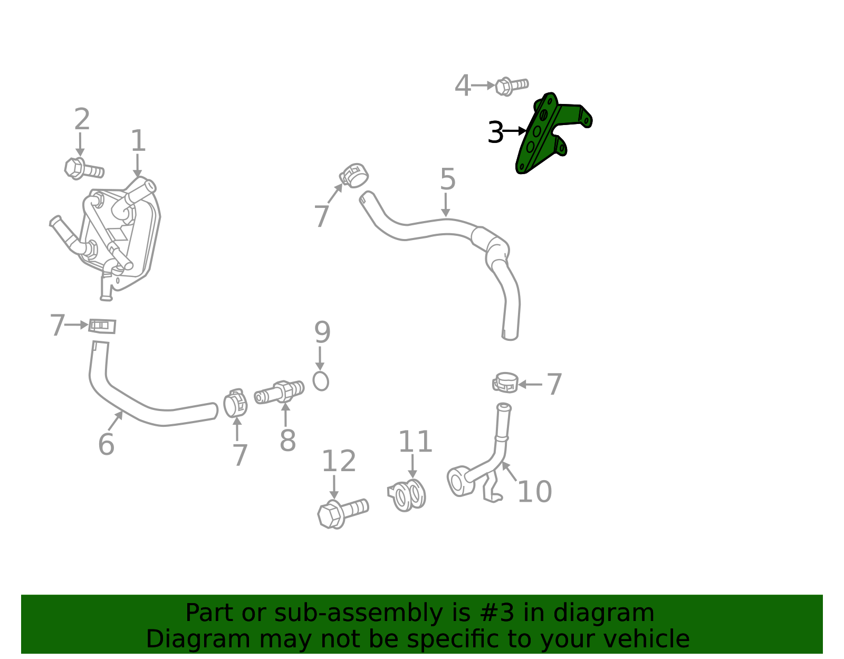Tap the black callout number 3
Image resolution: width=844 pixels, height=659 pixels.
tap(495, 132)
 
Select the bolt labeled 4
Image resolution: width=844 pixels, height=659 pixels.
tap(511, 86)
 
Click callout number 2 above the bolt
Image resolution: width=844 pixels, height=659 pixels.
tap(82, 119)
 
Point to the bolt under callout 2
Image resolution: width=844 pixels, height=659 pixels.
tap(84, 168)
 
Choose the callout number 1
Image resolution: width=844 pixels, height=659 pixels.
tap(138, 140)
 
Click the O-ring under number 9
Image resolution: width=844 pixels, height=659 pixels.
tap(320, 381)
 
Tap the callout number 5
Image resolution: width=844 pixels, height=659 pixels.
tap(447, 179)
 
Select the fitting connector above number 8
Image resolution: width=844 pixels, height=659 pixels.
tap(279, 392)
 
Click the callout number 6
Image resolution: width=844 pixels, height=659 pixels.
tap(106, 444)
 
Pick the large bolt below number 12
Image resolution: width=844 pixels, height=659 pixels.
tap(342, 513)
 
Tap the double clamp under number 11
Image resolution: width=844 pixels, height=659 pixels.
tap(407, 495)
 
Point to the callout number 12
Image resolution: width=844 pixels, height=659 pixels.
tap(339, 461)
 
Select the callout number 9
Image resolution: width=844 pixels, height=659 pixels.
tap(322, 332)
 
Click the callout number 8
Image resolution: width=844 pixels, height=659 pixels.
tap(287, 441)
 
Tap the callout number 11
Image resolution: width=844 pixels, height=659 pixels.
tap(415, 442)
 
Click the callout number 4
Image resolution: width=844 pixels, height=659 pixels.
tap(463, 85)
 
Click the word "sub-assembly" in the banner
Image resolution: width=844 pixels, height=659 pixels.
tap(358, 613)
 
